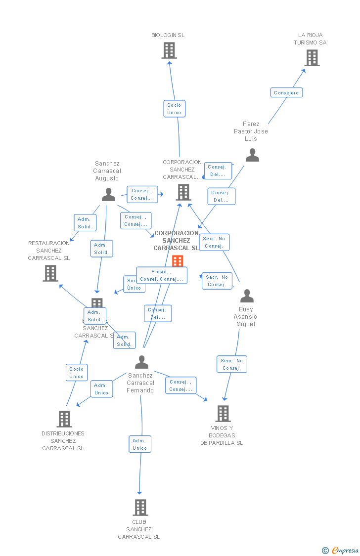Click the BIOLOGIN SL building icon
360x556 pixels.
click(x=169, y=50)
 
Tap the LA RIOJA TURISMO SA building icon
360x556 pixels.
click(x=312, y=58)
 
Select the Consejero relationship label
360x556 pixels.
click(x=286, y=92)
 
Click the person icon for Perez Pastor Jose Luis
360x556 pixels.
click(x=252, y=155)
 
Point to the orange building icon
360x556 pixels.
click(x=178, y=261)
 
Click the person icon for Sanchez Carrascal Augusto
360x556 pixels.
click(x=108, y=195)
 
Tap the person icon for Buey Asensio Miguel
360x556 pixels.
click(x=246, y=296)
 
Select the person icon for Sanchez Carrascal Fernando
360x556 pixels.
click(x=141, y=362)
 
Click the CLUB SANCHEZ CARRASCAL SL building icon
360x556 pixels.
click(x=140, y=508)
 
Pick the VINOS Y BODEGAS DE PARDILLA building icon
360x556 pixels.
click(x=223, y=414)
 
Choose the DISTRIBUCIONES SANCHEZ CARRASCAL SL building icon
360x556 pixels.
click(x=64, y=419)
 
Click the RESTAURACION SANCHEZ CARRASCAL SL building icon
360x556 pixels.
click(x=50, y=273)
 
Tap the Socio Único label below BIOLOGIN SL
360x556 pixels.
click(x=174, y=109)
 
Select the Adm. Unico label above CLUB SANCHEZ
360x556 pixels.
click(x=139, y=444)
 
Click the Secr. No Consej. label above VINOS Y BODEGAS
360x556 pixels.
click(x=231, y=364)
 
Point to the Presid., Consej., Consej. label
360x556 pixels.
click(x=161, y=275)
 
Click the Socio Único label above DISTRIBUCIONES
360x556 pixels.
click(x=77, y=373)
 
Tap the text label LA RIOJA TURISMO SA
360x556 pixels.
click(x=310, y=39)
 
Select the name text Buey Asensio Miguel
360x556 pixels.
click(x=245, y=317)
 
